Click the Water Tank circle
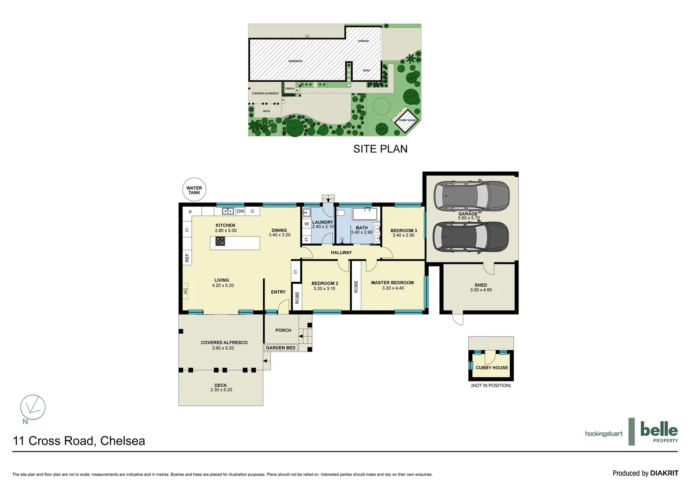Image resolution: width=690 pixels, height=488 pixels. pyautogui.click(x=194, y=190)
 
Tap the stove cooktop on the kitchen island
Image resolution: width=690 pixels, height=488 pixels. pyautogui.click(x=220, y=241)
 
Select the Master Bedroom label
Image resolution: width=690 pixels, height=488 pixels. pyautogui.click(x=392, y=283)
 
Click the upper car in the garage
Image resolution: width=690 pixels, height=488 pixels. pyautogui.click(x=471, y=196)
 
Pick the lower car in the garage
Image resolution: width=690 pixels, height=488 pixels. pyautogui.click(x=471, y=237)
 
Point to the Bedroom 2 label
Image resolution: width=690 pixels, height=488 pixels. pyautogui.click(x=324, y=283)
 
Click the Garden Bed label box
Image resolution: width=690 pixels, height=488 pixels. pyautogui.click(x=280, y=347)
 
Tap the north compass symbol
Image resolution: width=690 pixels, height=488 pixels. pyautogui.click(x=33, y=408)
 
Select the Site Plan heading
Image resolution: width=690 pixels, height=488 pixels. pyautogui.click(x=380, y=149)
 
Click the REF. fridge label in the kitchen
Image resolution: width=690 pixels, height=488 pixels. pyautogui.click(x=187, y=258)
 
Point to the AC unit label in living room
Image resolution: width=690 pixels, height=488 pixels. pyautogui.click(x=186, y=291)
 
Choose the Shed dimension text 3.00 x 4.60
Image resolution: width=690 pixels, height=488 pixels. pyautogui.click(x=480, y=290)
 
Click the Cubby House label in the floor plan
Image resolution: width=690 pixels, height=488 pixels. pyautogui.click(x=491, y=368)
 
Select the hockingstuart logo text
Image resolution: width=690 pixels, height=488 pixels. pyautogui.click(x=603, y=434)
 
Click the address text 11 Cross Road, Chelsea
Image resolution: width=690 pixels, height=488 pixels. pyautogui.click(x=79, y=441)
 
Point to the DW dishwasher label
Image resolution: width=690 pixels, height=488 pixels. pyautogui.click(x=240, y=211)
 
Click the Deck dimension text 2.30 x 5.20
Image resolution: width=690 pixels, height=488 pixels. pyautogui.click(x=221, y=390)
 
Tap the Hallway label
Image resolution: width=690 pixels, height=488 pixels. pyautogui.click(x=341, y=253)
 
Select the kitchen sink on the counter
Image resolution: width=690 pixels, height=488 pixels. pyautogui.click(x=228, y=211)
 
